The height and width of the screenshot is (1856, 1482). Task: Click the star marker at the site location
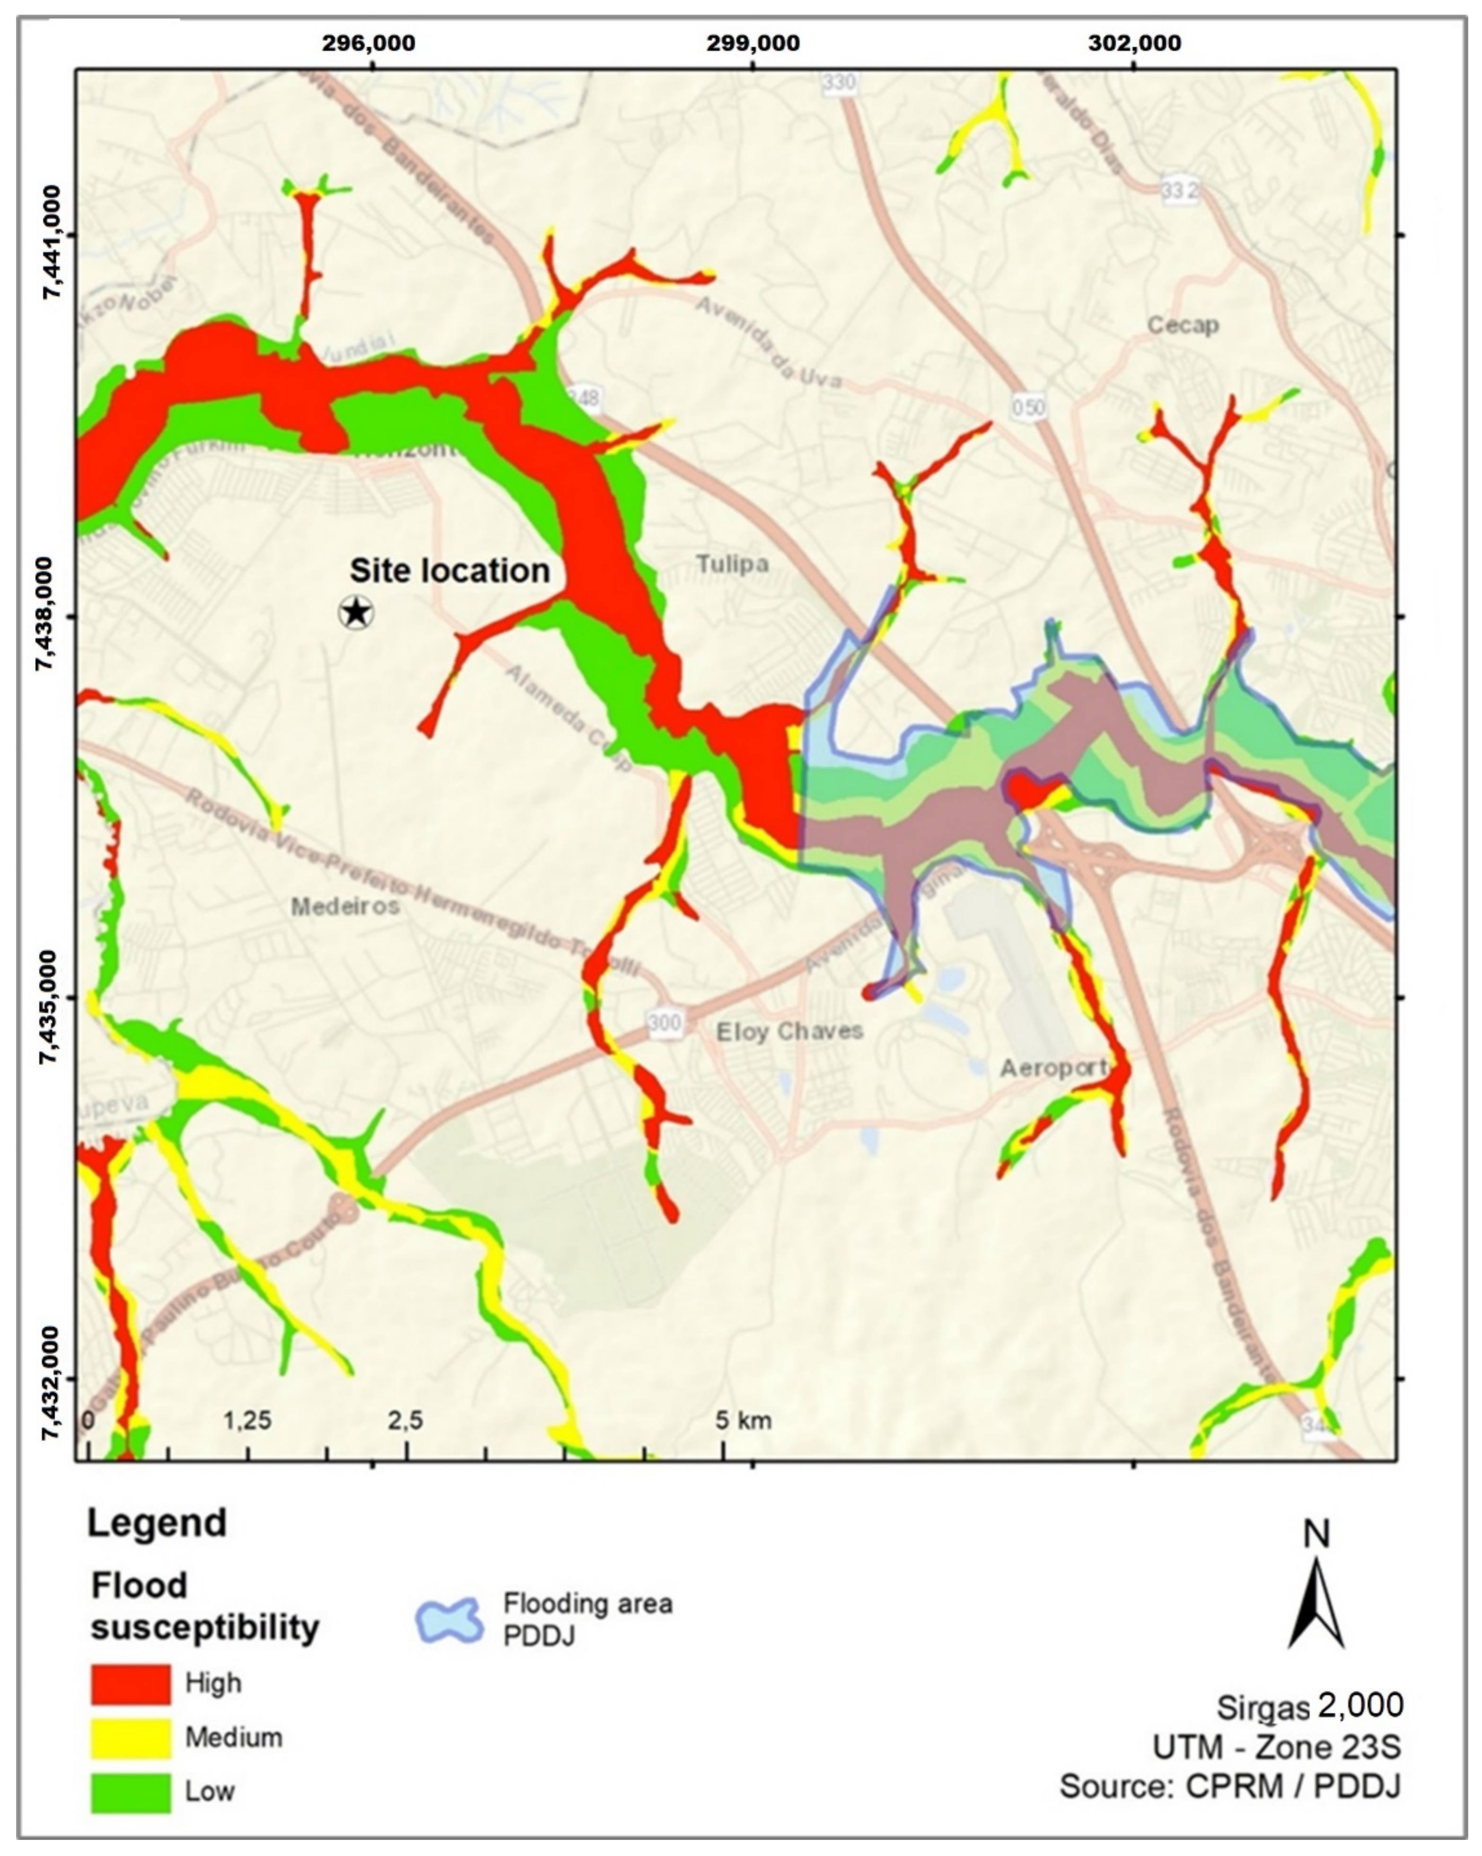click(x=356, y=613)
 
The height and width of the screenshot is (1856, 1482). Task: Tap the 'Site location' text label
click(x=449, y=571)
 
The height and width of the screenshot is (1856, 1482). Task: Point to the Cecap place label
click(x=1183, y=326)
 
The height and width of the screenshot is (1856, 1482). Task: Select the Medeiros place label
click(x=345, y=907)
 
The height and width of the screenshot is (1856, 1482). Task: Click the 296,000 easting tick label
click(x=369, y=43)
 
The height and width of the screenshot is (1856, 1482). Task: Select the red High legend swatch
click(x=131, y=1683)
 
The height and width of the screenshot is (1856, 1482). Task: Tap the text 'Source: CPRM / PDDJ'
click(x=1229, y=1786)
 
